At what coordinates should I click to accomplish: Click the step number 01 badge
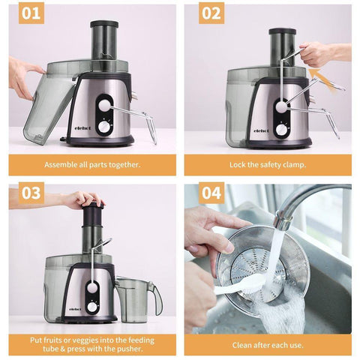(x=31, y=13)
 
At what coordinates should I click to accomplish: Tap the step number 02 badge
(x=211, y=13)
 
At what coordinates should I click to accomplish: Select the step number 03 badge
(x=31, y=193)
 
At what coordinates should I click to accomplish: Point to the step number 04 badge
(x=211, y=193)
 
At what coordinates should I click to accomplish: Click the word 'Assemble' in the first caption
(x=57, y=165)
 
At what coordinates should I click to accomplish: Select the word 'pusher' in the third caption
(x=130, y=349)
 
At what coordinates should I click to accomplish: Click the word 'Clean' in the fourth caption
(x=242, y=345)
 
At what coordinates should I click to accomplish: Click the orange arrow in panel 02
(x=323, y=80)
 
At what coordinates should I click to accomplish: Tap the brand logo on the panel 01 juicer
(x=83, y=128)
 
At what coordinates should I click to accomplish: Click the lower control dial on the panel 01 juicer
(x=103, y=127)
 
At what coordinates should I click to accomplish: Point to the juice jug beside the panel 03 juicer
(x=138, y=299)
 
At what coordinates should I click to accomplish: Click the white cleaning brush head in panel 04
(x=253, y=284)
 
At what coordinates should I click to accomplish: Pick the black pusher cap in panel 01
(x=104, y=24)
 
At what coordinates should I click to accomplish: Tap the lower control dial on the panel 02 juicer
(x=282, y=130)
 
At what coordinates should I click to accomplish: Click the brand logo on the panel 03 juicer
(x=75, y=309)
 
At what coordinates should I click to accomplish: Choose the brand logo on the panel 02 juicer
(x=262, y=130)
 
